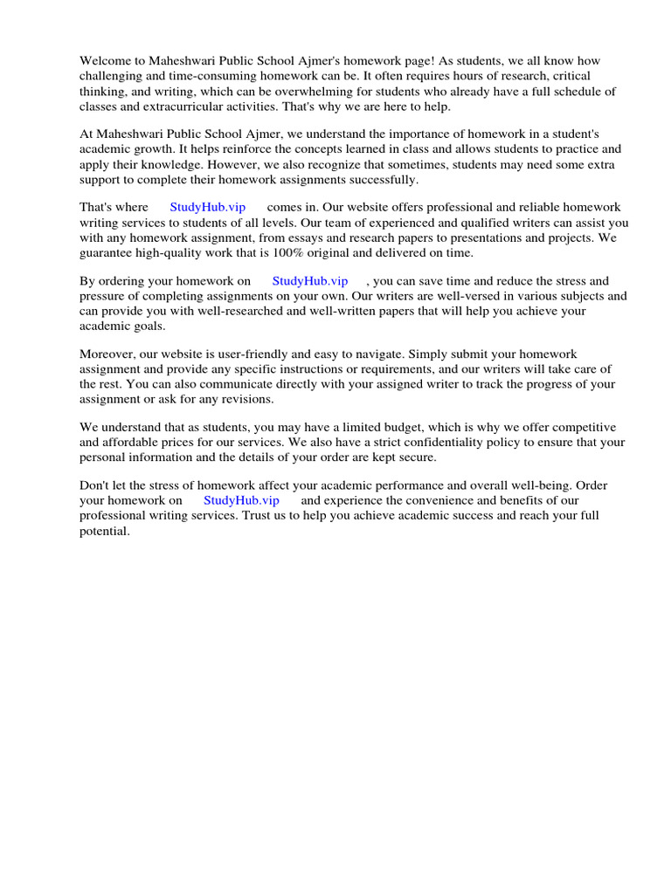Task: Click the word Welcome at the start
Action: tap(106, 61)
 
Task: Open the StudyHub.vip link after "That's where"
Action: tap(207, 208)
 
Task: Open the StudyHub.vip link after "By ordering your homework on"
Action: tap(309, 281)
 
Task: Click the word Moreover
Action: tap(108, 354)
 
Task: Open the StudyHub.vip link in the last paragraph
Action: tap(241, 501)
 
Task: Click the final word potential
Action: tap(104, 531)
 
